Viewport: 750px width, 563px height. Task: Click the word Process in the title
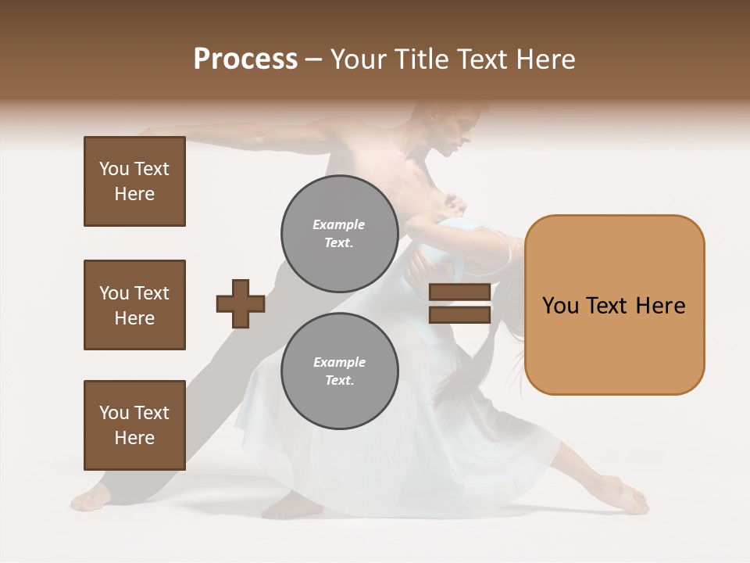(x=245, y=59)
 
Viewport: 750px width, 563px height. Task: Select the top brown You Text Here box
(x=134, y=181)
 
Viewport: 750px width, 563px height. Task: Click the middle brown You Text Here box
(x=134, y=305)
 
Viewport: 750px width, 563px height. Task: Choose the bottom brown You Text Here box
(x=134, y=425)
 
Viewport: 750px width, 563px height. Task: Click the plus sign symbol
(x=241, y=303)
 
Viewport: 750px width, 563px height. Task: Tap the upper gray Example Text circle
(x=339, y=233)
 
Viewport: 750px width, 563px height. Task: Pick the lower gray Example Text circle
(x=339, y=371)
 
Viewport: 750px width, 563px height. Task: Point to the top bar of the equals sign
(x=459, y=292)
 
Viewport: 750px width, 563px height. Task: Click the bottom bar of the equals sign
(x=459, y=314)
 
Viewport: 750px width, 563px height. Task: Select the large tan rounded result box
(x=614, y=305)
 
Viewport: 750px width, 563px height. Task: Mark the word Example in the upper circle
(x=339, y=224)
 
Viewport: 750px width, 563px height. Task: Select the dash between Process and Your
(x=313, y=59)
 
